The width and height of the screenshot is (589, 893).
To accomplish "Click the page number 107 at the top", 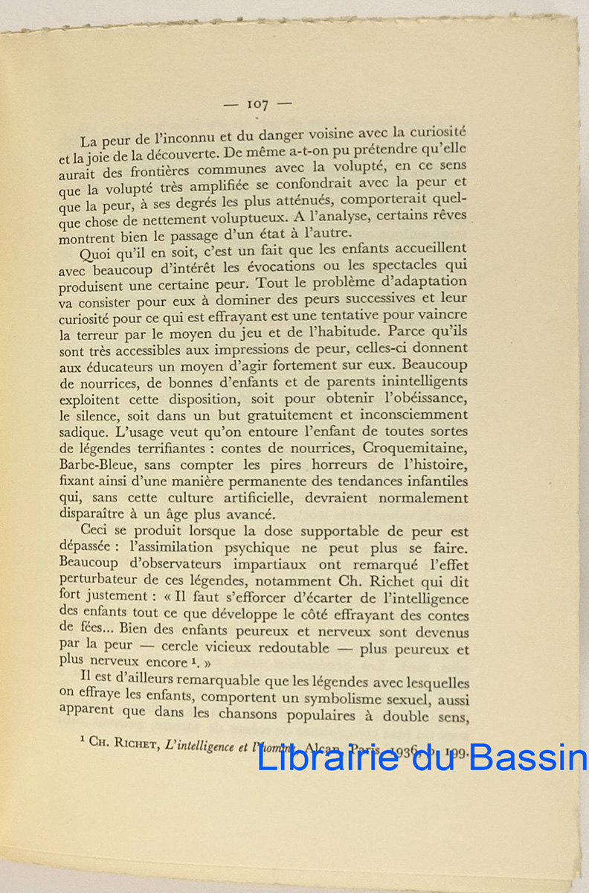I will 257,104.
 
